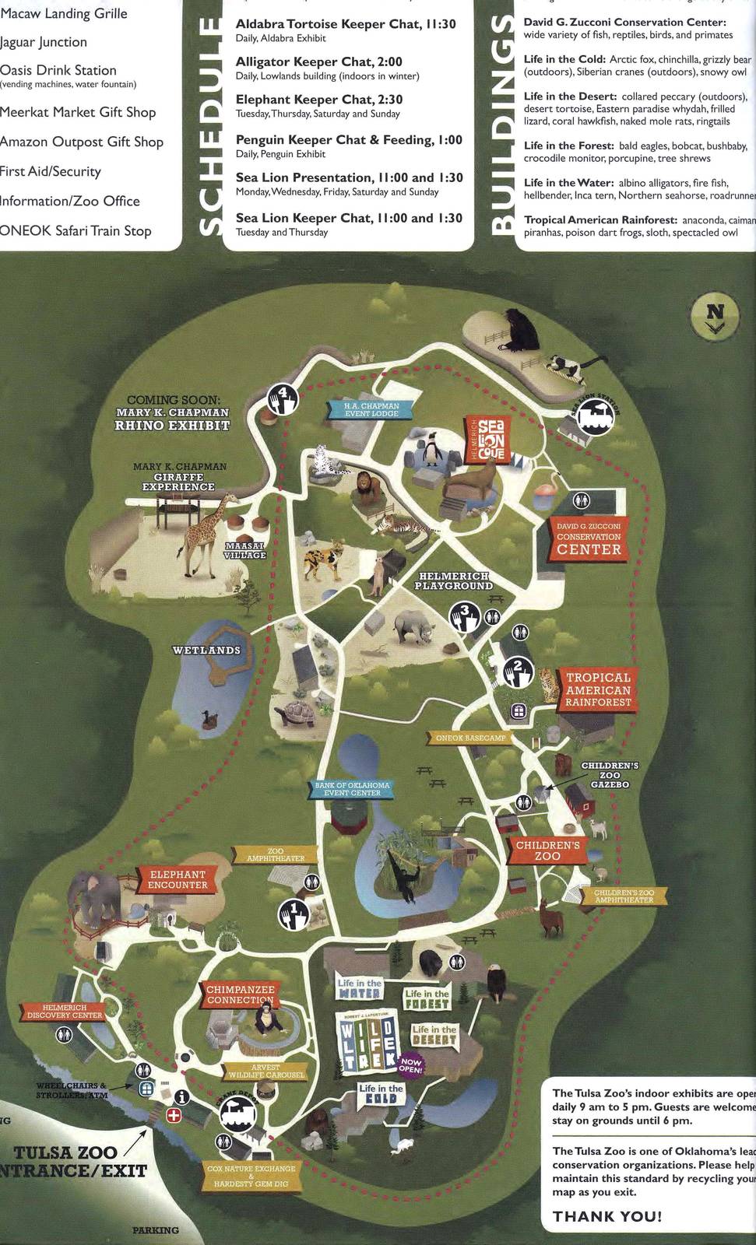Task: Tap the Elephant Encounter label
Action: pos(178,880)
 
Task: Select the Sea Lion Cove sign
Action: pos(491,440)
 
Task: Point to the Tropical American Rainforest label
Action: pos(598,690)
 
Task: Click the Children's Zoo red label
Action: pos(547,850)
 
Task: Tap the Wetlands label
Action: pos(206,650)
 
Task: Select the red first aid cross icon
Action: pos(174,1115)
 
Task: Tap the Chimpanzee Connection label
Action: pos(241,994)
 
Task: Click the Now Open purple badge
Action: pos(411,1066)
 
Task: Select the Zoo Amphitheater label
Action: pos(275,855)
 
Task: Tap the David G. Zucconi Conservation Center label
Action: pos(589,540)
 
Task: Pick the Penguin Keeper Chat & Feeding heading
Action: pos(349,140)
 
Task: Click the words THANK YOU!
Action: pos(607,1216)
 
